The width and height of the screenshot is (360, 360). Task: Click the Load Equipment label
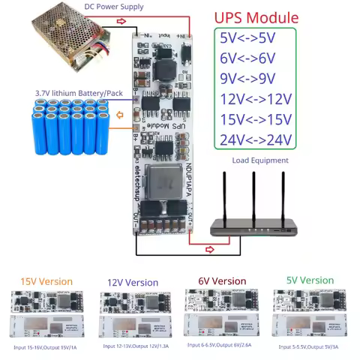point(260,160)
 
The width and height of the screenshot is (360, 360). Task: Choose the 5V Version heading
point(310,280)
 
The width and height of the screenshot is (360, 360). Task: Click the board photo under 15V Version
point(46,313)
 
